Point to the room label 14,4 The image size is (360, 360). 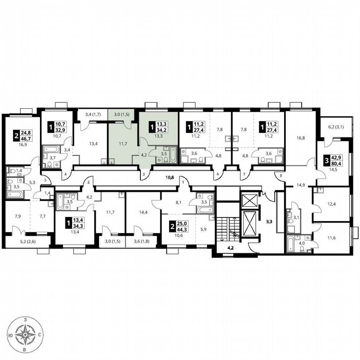point(142,212)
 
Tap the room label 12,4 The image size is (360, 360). point(331,204)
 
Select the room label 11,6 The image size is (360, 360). point(331,238)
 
